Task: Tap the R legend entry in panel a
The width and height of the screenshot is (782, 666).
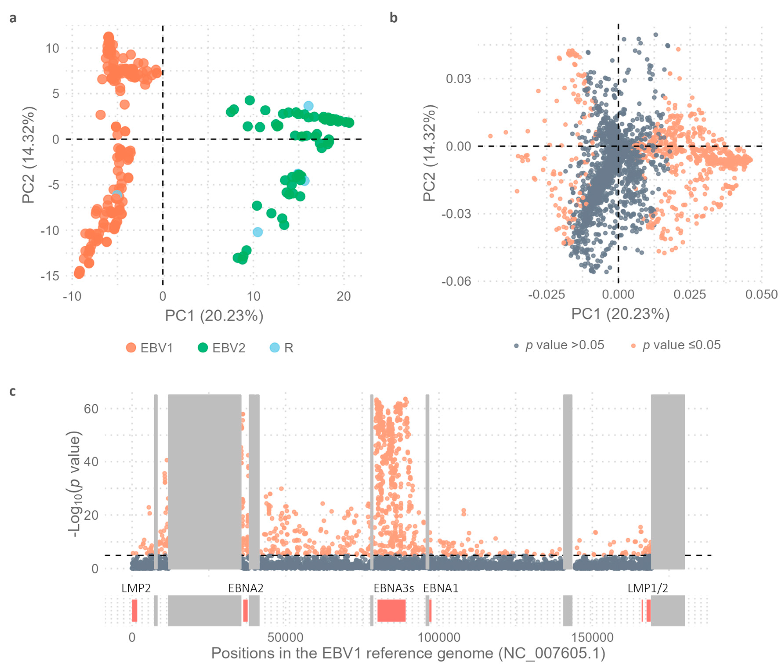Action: [x=281, y=348]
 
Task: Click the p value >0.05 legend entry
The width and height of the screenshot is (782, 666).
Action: [x=559, y=345]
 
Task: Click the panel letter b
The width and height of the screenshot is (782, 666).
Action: [x=394, y=18]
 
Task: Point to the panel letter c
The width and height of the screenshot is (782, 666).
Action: [x=13, y=392]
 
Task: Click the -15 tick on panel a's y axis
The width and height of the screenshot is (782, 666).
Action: [x=50, y=276]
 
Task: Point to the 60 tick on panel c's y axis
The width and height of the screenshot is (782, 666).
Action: [x=91, y=409]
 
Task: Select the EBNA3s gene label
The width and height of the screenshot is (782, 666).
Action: [x=394, y=588]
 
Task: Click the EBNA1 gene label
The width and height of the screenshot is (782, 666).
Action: [x=441, y=588]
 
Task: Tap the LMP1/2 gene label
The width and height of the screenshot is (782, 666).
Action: [x=647, y=588]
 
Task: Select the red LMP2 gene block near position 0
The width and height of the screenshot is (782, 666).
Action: [x=134, y=610]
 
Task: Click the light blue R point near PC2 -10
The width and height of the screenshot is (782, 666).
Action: [x=258, y=232]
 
